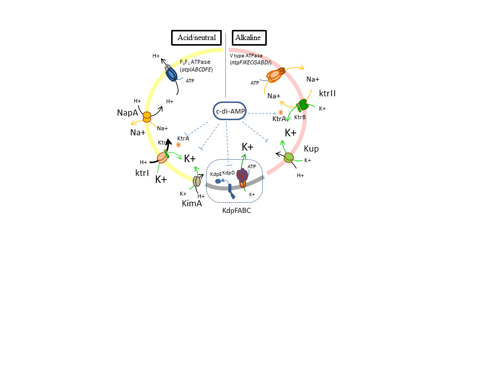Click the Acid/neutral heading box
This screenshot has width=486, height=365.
196,38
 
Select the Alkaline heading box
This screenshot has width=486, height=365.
249,38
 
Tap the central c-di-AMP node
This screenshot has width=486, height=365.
230,111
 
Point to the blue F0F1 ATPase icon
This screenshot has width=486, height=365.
172,74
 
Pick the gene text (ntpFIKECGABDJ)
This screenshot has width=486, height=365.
251,62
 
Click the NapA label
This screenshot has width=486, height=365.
128,113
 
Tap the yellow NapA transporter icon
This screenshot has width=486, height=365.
147,117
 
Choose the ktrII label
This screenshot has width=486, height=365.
328,94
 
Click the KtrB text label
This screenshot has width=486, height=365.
300,118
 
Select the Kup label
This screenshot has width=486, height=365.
311,150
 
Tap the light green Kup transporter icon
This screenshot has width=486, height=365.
289,157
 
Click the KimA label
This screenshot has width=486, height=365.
192,203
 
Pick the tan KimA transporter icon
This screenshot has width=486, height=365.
197,180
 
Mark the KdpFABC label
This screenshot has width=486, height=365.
236,210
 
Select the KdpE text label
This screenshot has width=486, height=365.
216,174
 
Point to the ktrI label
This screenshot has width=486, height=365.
142,173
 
